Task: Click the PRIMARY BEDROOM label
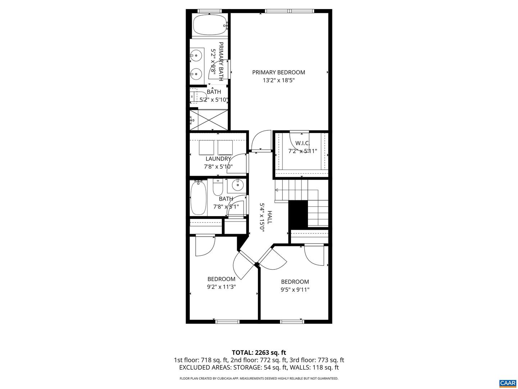pos(278,72)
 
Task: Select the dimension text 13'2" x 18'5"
pos(278,80)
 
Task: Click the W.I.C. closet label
pos(302,143)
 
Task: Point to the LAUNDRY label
pos(218,159)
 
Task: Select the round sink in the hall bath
pos(237,185)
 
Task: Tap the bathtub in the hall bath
pos(198,198)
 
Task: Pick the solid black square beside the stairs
pos(298,214)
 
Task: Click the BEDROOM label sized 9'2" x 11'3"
pos(221,279)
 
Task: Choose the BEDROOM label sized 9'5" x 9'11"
pos(295,282)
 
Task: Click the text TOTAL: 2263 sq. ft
pos(259,353)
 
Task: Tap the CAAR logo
pos(508,383)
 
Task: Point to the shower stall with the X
pos(209,120)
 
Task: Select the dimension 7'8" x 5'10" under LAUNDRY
pos(218,167)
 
